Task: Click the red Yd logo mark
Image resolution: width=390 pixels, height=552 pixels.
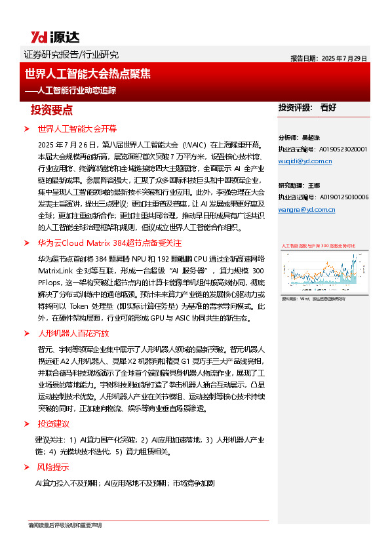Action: pyautogui.click(x=38, y=37)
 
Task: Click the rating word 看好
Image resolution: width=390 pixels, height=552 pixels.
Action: pyautogui.click(x=328, y=107)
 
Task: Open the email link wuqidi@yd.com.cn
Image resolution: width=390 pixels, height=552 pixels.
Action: pyautogui.click(x=305, y=161)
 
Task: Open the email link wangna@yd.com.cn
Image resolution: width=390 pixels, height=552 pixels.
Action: pyautogui.click(x=306, y=209)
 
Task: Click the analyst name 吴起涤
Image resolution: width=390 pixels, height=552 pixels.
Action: pyautogui.click(x=310, y=138)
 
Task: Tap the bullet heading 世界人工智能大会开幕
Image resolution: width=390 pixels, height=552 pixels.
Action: pyautogui.click(x=77, y=128)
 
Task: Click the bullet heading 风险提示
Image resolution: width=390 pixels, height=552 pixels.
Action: pyautogui.click(x=54, y=467)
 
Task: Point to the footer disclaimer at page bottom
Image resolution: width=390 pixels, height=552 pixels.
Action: pyautogui.click(x=65, y=526)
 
